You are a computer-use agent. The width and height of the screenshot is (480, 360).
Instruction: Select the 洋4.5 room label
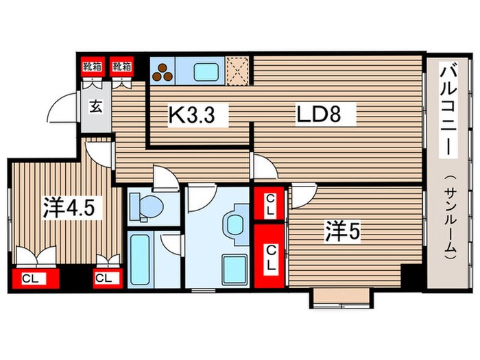pyautogui.click(x=67, y=208)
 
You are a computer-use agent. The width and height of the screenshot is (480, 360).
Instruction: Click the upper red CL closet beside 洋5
pyautogui.click(x=271, y=204)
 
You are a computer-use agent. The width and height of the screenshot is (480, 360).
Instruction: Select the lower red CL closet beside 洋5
pyautogui.click(x=271, y=255)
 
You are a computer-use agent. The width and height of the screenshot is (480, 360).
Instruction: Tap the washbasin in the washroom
pyautogui.click(x=236, y=223)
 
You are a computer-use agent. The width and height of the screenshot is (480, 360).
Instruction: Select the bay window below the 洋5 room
pyautogui.click(x=341, y=298)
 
